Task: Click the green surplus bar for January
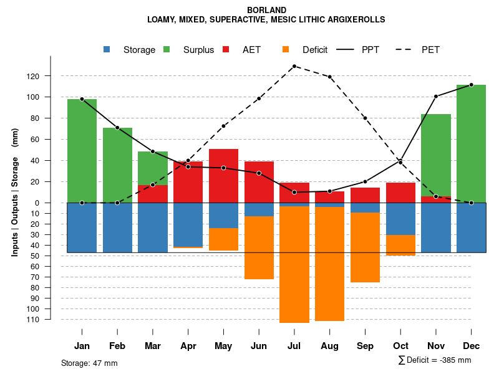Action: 82,150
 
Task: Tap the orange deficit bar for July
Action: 294,264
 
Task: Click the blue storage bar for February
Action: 117,228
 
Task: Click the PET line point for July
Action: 294,66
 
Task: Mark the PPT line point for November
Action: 436,97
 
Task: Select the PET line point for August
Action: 329,77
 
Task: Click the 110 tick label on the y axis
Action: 50,319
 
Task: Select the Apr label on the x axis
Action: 188,346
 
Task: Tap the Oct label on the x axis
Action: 400,346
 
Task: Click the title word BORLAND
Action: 266,10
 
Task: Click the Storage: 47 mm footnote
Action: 89,363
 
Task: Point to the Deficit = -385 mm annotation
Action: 435,360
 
